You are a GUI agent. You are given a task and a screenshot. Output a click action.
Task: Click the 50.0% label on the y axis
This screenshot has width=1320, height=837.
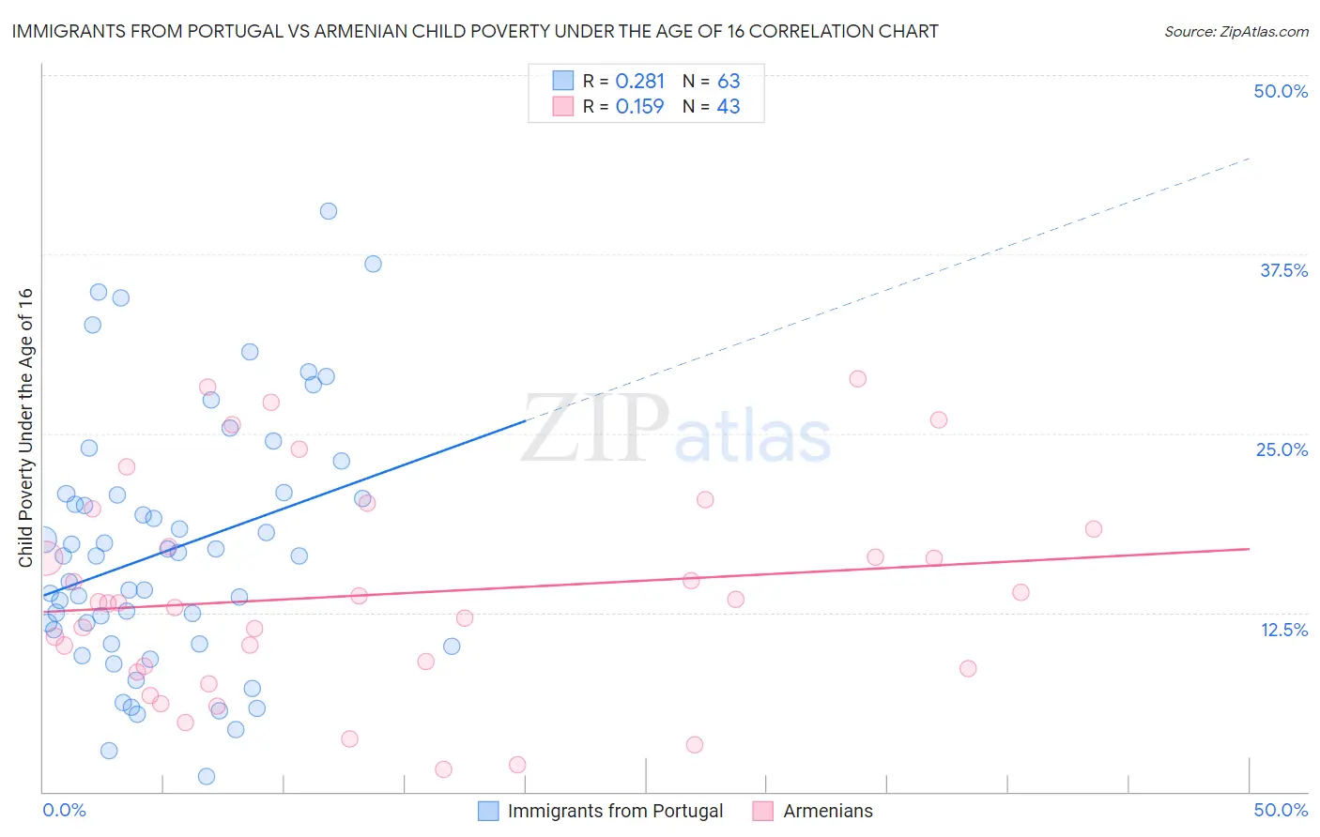tap(1281, 91)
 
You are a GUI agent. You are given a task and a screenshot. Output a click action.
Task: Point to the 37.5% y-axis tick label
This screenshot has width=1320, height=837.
tap(1283, 270)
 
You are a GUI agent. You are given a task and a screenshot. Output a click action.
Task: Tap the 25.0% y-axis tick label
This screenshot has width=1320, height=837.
tap(1282, 449)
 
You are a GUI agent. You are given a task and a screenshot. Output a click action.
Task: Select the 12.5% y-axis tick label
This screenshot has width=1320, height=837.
tap(1283, 630)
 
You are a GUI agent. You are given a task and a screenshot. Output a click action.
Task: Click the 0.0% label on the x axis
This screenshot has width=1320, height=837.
tap(64, 810)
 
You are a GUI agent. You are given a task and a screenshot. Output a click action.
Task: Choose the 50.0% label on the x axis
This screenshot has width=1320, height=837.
tap(1281, 810)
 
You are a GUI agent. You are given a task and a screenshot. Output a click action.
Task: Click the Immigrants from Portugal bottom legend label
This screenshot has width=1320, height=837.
tap(615, 811)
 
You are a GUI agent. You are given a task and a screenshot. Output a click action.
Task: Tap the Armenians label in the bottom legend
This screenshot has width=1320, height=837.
tap(827, 811)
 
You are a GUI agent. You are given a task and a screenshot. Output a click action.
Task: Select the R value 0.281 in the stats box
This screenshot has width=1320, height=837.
tap(639, 82)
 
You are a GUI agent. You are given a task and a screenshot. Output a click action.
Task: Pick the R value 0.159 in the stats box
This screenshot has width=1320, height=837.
tap(639, 107)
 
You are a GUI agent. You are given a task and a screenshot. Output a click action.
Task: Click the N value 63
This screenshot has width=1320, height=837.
tap(729, 82)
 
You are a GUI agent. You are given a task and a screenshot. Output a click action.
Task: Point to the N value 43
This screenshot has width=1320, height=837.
tap(729, 107)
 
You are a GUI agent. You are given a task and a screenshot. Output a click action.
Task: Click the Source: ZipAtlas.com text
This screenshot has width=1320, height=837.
tap(1236, 32)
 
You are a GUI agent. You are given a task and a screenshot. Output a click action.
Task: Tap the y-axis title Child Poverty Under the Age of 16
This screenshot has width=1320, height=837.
tap(26, 427)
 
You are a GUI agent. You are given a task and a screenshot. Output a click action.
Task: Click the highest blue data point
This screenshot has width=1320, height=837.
tap(329, 211)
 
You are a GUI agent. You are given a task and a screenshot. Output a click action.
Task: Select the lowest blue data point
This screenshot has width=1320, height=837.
tap(207, 776)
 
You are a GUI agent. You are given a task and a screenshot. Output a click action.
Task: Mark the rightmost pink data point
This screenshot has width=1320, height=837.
tap(1093, 529)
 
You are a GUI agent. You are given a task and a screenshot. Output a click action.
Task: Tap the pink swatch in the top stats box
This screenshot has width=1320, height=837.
tap(562, 107)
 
